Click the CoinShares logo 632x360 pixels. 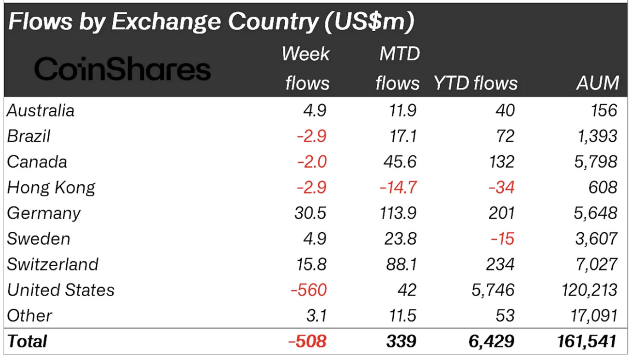click(x=122, y=70)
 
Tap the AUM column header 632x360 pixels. click(x=597, y=83)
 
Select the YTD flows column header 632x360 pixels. click(x=475, y=83)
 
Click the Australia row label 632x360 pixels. click(x=41, y=111)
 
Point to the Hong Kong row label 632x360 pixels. click(x=52, y=188)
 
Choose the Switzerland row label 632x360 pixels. click(x=53, y=264)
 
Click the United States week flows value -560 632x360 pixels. click(x=309, y=290)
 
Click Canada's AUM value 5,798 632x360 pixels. click(x=594, y=162)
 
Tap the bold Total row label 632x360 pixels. click(x=27, y=341)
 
